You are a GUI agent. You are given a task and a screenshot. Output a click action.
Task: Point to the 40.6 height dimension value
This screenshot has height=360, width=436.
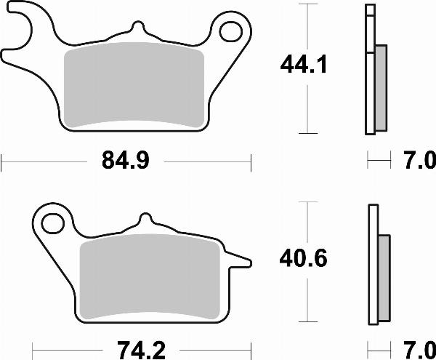305,258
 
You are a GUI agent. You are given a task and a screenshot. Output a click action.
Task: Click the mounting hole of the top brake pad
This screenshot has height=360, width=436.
231,31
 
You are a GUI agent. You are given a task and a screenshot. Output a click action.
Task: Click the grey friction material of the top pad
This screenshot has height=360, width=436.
134,87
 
